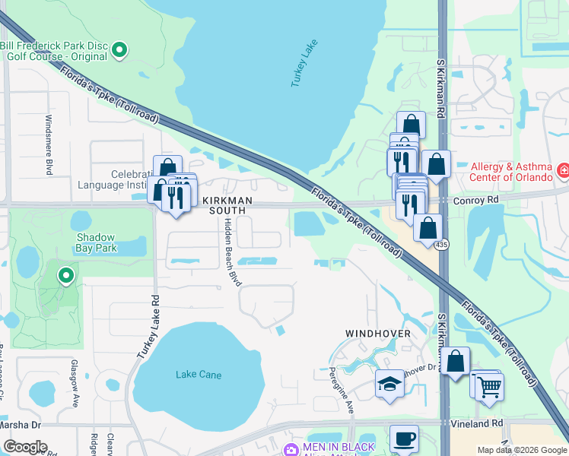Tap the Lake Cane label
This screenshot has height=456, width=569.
198,374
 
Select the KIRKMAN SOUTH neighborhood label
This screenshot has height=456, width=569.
213,204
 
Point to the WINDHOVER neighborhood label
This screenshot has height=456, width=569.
378,334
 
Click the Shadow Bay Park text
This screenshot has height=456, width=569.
97,242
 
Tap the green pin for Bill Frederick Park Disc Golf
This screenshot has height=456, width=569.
119,51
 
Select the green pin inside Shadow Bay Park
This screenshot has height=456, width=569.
67,276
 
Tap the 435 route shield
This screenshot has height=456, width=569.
441,245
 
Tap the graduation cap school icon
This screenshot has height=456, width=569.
389,383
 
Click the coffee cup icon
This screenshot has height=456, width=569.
404,439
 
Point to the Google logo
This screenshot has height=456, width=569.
25,447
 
